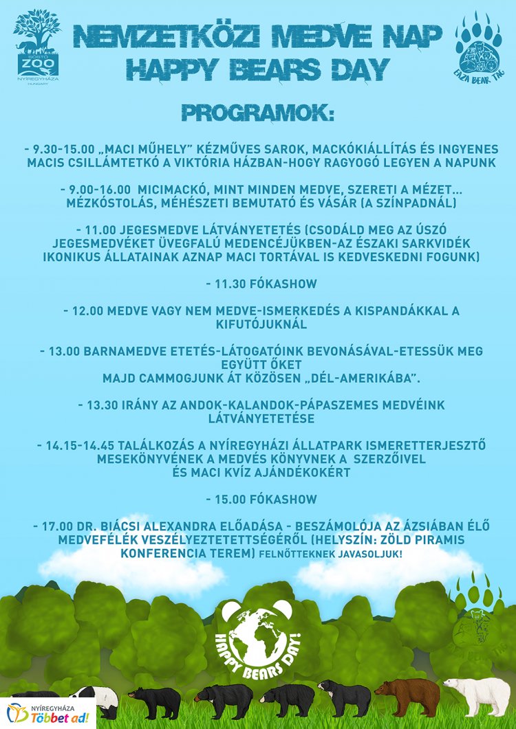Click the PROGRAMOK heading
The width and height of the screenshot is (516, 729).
[257, 113]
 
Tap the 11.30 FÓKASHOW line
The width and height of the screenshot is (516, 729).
[257, 282]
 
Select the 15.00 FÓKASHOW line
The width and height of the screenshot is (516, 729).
[257, 498]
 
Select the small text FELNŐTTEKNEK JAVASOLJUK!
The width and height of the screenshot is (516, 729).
[331, 553]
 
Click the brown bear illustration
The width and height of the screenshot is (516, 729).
[408, 695]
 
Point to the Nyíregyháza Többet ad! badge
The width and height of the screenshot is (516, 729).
[48, 713]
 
